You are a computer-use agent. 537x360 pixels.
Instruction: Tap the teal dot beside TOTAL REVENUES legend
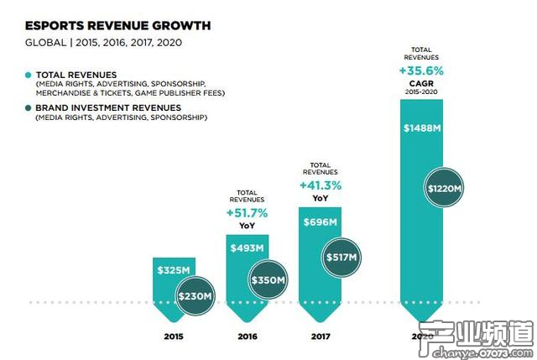point(28,75)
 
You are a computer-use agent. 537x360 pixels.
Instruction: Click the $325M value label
point(173,270)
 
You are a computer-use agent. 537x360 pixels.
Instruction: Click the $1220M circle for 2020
point(444,189)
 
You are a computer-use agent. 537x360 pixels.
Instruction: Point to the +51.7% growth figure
point(247,213)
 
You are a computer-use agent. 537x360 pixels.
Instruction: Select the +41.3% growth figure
point(320,184)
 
